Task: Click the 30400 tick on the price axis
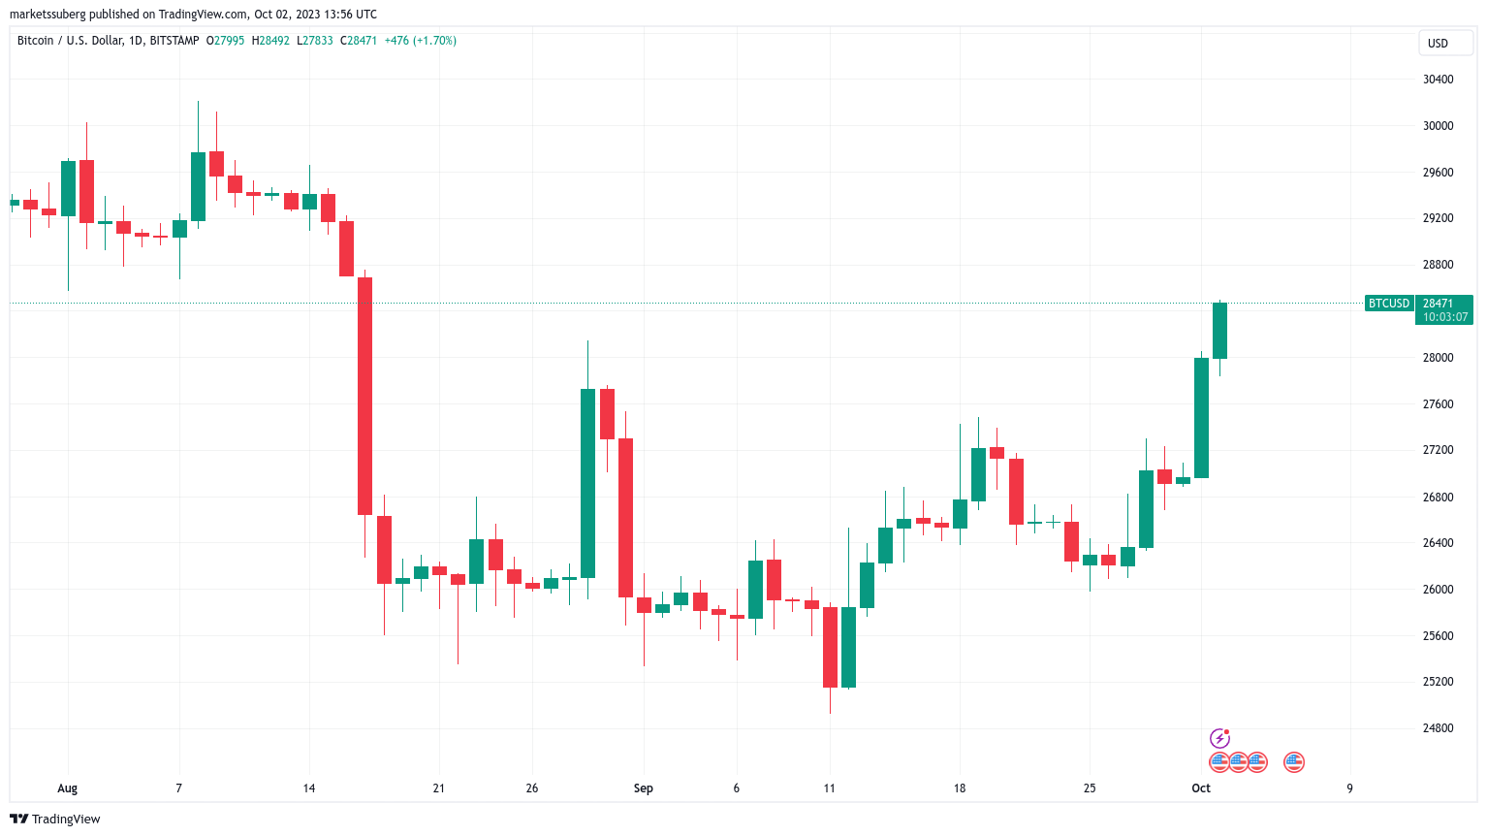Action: (x=1438, y=80)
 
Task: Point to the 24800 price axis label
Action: (x=1438, y=728)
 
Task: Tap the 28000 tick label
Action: (x=1438, y=358)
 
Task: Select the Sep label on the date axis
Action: (x=644, y=788)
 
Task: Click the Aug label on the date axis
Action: (x=67, y=788)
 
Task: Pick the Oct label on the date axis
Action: (x=1201, y=788)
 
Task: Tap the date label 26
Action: (x=531, y=788)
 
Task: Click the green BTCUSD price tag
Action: (x=1388, y=304)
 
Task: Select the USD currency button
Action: (x=1438, y=44)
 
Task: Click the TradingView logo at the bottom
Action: (x=55, y=820)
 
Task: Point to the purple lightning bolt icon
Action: (x=1219, y=739)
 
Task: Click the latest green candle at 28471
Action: (x=1219, y=331)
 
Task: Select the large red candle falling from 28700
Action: (x=364, y=396)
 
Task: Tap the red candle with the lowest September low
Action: (x=830, y=647)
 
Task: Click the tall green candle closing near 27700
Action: (x=587, y=483)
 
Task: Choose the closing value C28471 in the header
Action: (x=359, y=41)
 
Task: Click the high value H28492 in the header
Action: (x=270, y=41)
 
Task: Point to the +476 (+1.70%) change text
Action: (x=421, y=41)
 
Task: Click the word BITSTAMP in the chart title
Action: (x=174, y=41)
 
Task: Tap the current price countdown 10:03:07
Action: (x=1444, y=317)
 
